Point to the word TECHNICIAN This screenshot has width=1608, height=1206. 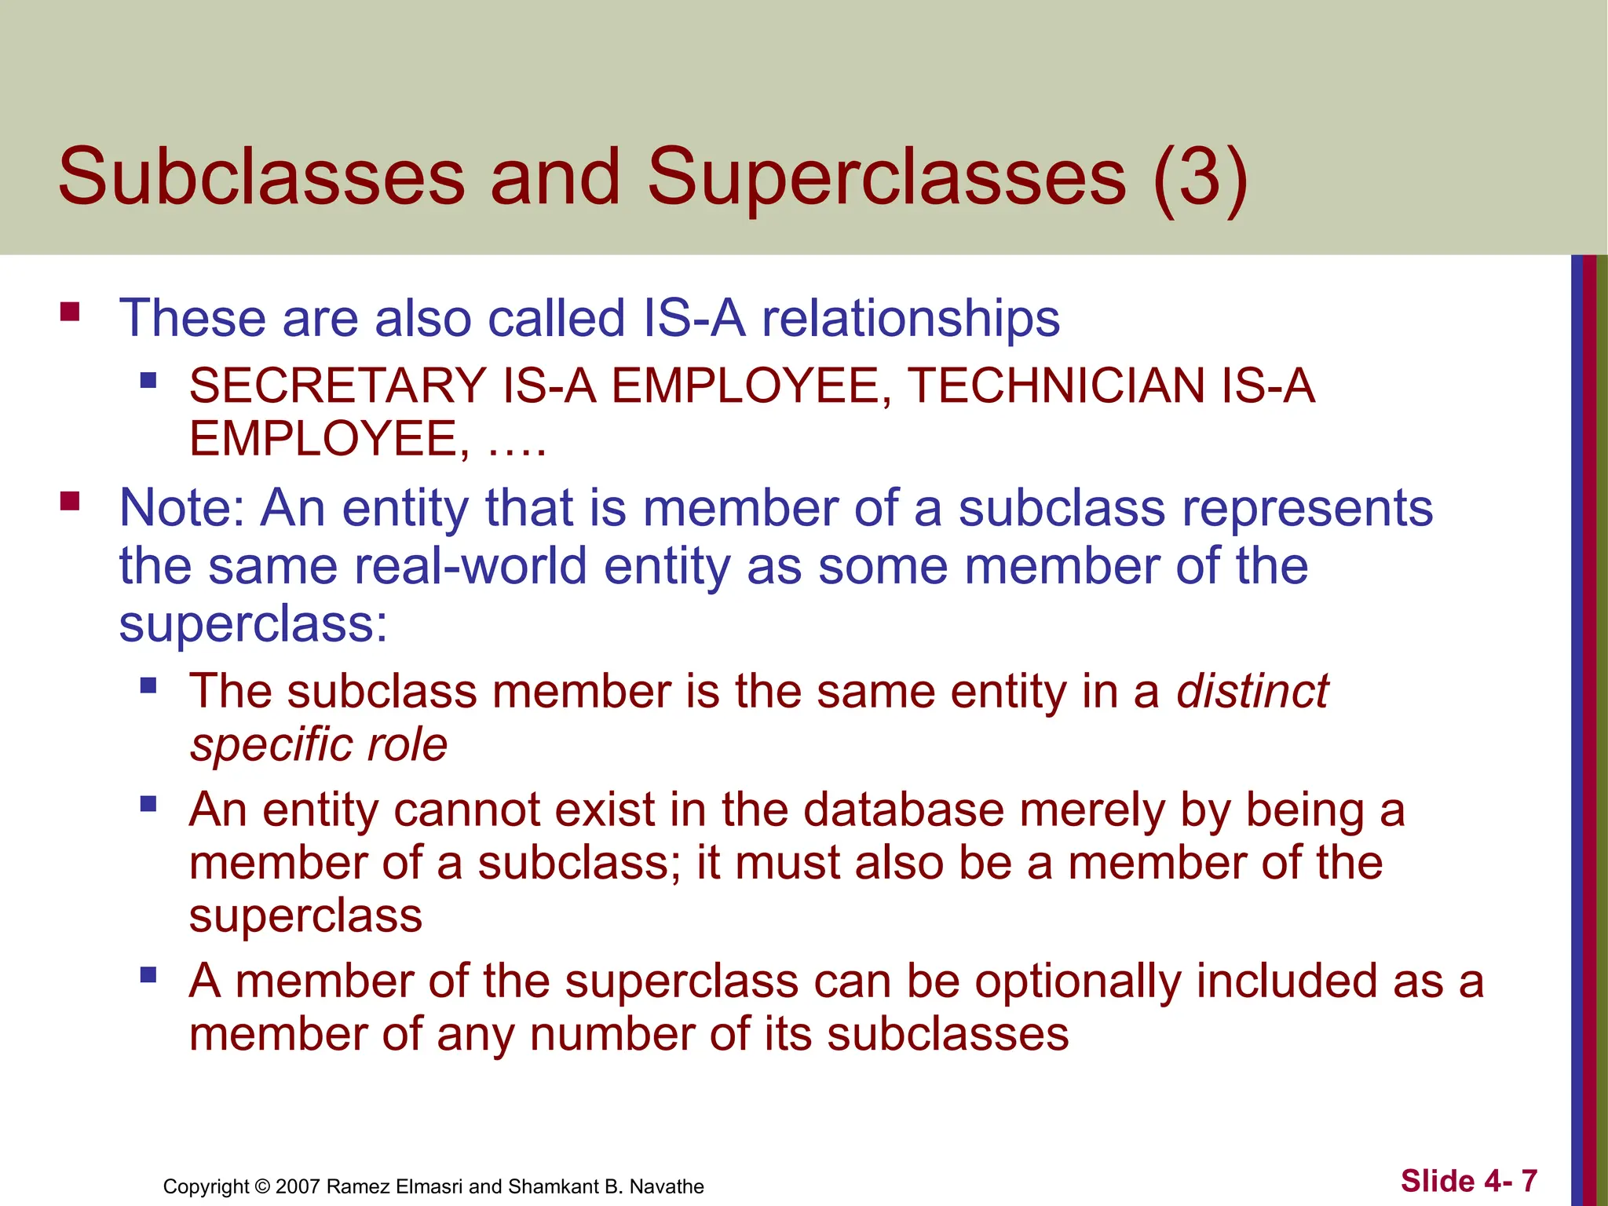pyautogui.click(x=1056, y=386)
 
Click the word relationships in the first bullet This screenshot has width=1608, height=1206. pyautogui.click(x=911, y=319)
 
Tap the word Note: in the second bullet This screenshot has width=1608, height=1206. pyautogui.click(x=182, y=508)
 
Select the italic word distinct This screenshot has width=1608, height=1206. pyautogui.click(x=1252, y=692)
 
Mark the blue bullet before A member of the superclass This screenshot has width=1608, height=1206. pyautogui.click(x=148, y=976)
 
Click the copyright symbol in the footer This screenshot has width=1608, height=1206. pyautogui.click(x=262, y=1186)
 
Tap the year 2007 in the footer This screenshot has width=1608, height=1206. pyautogui.click(x=298, y=1186)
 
